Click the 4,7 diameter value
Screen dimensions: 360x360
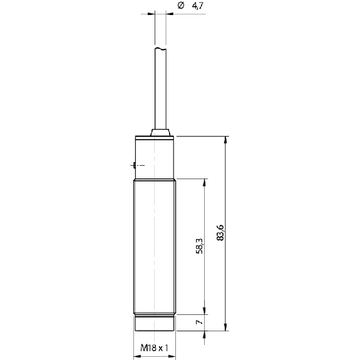tap(197, 6)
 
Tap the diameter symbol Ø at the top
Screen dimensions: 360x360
tap(181, 5)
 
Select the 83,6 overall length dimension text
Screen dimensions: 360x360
tap(220, 232)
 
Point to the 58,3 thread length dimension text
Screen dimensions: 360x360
tap(199, 246)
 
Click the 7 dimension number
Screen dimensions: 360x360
tap(199, 322)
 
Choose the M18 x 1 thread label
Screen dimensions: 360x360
tap(154, 348)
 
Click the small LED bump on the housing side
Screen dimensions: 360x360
tap(133, 165)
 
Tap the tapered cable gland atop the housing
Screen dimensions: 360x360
tap(160, 133)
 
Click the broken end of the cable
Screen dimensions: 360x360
tap(160, 49)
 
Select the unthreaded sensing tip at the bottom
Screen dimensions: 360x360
tap(155, 323)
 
